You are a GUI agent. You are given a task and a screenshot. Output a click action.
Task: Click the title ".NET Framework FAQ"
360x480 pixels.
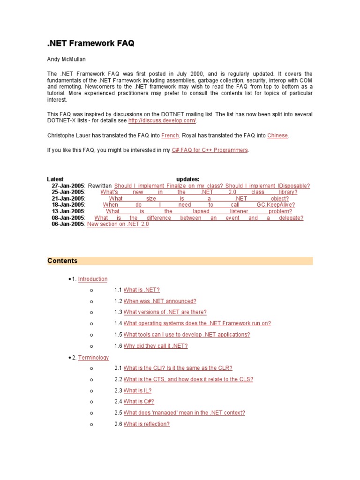[90, 43]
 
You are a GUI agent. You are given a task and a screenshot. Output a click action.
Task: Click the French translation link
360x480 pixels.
[170, 135]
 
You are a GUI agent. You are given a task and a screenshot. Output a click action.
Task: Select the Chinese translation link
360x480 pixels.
[277, 135]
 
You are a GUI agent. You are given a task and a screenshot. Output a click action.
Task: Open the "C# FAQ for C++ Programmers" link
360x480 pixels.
[210, 150]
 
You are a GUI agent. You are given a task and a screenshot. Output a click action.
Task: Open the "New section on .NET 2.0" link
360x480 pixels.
[118, 224]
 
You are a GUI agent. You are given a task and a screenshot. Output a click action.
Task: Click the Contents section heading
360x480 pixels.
[62, 261]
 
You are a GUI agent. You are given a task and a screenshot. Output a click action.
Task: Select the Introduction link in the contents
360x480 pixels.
[93, 279]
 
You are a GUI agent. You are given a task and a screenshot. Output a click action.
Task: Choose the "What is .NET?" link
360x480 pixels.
[142, 290]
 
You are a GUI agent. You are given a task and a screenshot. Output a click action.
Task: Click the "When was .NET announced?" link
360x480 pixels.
[160, 301]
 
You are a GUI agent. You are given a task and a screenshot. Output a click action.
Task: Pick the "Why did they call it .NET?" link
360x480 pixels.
[156, 346]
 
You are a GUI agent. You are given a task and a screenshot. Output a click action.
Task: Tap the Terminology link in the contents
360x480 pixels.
[93, 357]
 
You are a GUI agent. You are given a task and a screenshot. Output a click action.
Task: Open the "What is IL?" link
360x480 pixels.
[137, 390]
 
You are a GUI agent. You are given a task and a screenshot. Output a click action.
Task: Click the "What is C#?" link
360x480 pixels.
[139, 402]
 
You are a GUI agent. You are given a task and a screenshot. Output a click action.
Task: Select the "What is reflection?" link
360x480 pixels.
[146, 424]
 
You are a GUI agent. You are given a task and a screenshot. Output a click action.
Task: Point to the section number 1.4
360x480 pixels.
[118, 323]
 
